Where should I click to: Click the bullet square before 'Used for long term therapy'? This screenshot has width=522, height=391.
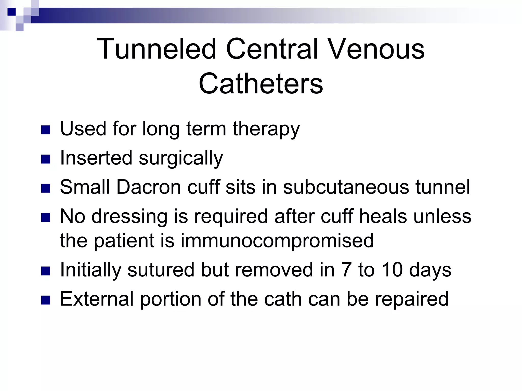point(45,130)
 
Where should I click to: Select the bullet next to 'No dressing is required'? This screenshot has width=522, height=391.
point(45,218)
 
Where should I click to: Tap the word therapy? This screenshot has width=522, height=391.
point(266,129)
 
